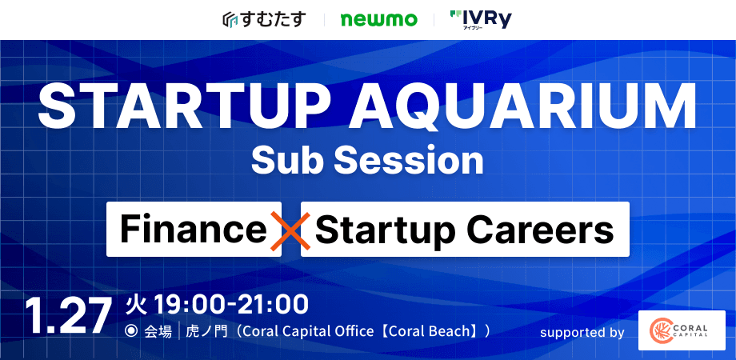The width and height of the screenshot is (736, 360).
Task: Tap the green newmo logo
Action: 378,19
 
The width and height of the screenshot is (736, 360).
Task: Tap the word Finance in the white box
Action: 193,230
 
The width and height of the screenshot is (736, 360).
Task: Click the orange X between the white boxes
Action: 290,230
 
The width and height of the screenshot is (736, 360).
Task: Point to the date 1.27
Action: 67,316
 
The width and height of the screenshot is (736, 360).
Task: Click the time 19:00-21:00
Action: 231,304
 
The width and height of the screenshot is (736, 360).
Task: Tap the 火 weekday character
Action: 136,304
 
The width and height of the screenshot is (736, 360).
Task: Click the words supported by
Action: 582,332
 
